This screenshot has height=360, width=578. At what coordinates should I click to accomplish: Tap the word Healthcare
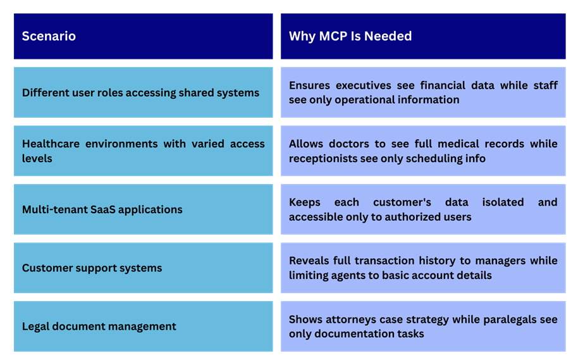click(x=51, y=144)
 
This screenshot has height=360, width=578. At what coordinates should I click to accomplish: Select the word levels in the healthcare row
click(x=37, y=158)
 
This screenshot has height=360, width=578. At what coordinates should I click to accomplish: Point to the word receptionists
click(x=325, y=159)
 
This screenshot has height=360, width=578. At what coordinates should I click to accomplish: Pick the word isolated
click(x=503, y=202)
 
